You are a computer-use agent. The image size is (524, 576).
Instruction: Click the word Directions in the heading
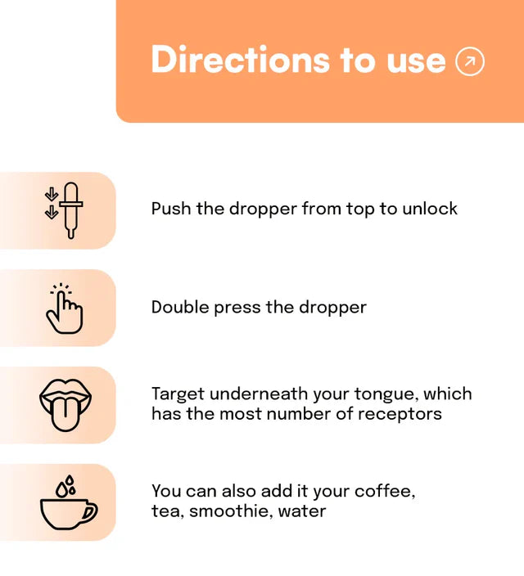[x=240, y=60]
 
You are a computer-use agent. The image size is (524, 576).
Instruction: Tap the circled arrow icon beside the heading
[x=470, y=61]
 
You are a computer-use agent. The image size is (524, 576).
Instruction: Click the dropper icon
[x=71, y=210]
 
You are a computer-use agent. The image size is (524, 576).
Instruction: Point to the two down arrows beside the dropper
[x=52, y=203]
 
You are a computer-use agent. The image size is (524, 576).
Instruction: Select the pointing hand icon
[x=65, y=308]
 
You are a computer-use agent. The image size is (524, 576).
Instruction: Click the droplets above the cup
[x=66, y=486]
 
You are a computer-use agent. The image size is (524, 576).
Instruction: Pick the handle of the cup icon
[x=90, y=511]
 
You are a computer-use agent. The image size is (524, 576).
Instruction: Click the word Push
[x=171, y=209]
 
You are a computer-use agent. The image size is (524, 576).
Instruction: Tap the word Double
[x=180, y=307]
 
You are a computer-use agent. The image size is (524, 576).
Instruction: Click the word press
[x=237, y=308]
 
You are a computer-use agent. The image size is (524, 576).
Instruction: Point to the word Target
[x=178, y=394]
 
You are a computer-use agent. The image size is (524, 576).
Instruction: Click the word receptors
[x=400, y=415]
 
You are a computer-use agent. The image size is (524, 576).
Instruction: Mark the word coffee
[x=385, y=491]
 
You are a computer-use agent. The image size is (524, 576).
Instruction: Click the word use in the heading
[x=416, y=61]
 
